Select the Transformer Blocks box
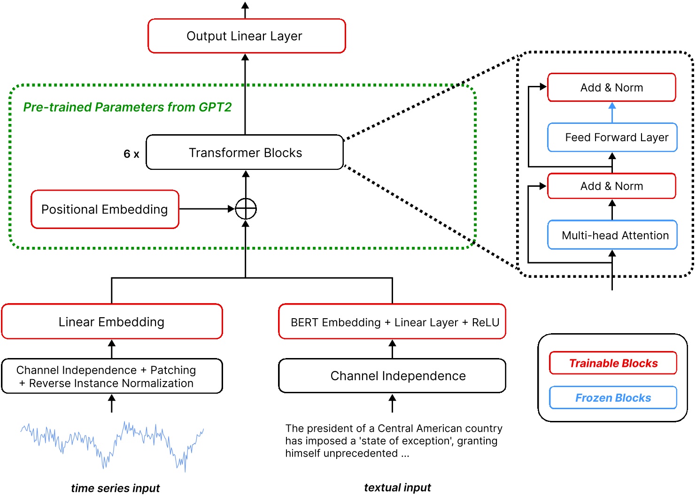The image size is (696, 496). (x=245, y=153)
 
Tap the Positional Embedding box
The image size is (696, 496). (x=105, y=209)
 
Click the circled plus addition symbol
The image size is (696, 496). (x=246, y=209)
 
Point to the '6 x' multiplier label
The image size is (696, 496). (x=131, y=154)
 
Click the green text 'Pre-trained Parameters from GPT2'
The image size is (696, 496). (x=127, y=107)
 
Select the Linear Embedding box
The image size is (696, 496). (x=112, y=322)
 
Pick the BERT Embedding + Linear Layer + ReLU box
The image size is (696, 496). (x=392, y=322)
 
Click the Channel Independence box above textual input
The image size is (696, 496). (x=392, y=376)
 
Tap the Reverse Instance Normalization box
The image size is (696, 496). (x=112, y=376)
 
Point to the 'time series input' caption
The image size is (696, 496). (x=115, y=488)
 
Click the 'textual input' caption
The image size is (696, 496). (x=397, y=488)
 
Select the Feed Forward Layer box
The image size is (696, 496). (x=612, y=137)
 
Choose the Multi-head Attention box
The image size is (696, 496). (x=612, y=235)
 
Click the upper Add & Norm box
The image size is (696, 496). (x=611, y=88)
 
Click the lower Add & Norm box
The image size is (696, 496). (x=611, y=186)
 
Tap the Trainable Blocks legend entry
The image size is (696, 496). (x=613, y=363)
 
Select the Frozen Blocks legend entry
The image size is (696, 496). (x=613, y=398)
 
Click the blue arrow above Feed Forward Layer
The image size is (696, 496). (x=612, y=112)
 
